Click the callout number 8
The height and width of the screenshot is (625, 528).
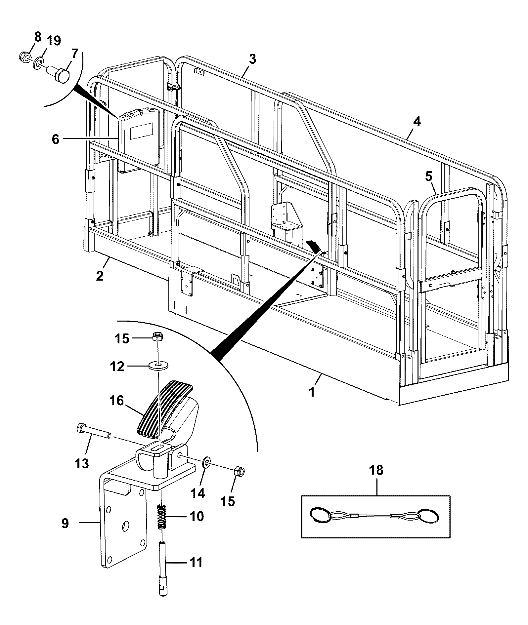click(38, 37)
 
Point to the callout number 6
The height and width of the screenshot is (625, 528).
click(55, 139)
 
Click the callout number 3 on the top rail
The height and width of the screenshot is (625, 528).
click(252, 59)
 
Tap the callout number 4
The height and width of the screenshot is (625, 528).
click(417, 122)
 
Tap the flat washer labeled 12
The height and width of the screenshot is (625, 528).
click(158, 366)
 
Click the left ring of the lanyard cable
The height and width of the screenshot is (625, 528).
click(320, 515)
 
